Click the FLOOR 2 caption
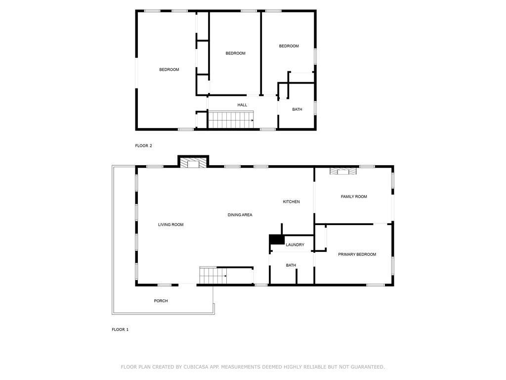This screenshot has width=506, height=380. point(143,145)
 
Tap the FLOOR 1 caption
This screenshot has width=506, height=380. point(120,329)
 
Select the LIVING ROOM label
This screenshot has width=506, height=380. point(170,225)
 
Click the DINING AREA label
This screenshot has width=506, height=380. point(240,215)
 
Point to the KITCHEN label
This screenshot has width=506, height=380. point(291,201)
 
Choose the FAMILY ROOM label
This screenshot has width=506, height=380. point(354,196)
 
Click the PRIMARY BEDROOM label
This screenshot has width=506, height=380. point(357,254)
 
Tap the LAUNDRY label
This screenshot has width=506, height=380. point(295,245)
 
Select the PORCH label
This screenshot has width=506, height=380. point(161,301)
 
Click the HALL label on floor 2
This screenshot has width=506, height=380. point(242,105)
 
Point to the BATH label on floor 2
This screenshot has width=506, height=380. point(297,109)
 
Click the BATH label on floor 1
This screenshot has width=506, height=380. point(291,265)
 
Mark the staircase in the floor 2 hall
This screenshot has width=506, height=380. point(230,120)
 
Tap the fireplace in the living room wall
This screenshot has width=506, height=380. point(193,162)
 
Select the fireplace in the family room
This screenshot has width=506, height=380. point(343,171)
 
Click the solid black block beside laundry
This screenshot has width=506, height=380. point(276,239)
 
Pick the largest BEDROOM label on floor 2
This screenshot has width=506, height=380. point(169,70)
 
